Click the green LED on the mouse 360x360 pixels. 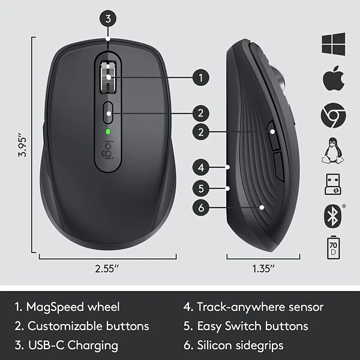click(108, 131)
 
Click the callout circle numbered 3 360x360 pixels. click(107, 18)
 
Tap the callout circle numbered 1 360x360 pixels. click(201, 77)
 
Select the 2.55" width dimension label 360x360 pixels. click(108, 269)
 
